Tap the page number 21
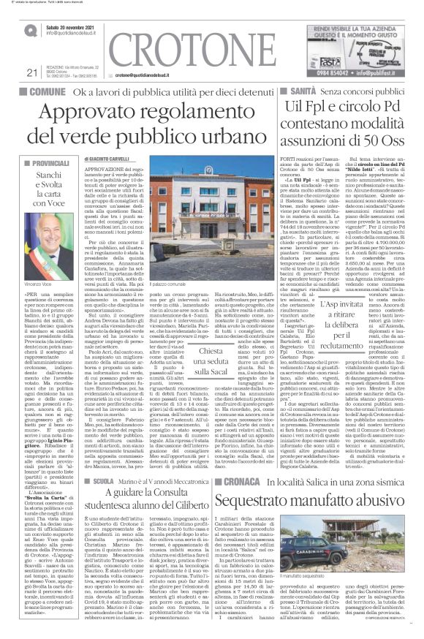coord(31,72)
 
